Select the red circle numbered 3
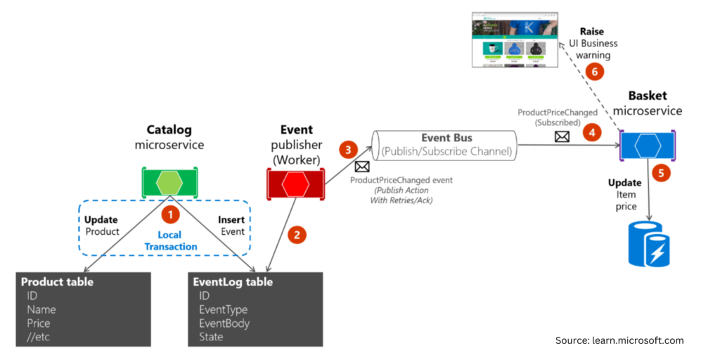(348, 150)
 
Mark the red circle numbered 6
(594, 72)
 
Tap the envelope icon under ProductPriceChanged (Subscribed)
(562, 136)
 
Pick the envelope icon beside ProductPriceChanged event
(362, 167)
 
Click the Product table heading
(57, 282)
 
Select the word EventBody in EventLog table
(224, 323)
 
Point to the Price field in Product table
(39, 323)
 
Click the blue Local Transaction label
(169, 240)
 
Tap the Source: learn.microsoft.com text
(619, 340)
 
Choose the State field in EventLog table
(211, 337)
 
